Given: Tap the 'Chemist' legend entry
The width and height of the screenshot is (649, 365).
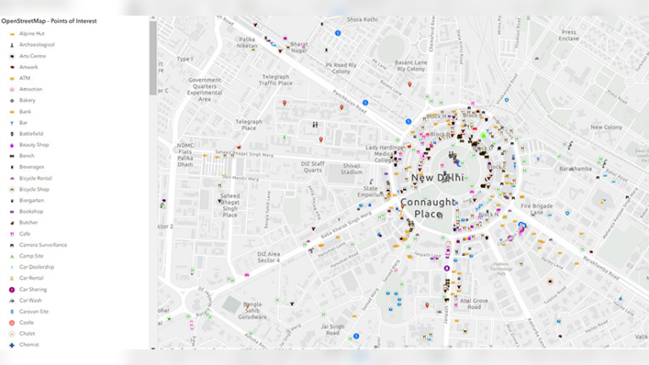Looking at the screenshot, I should pyautogui.click(x=30, y=345).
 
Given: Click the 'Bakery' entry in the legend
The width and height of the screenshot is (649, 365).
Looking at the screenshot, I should pyautogui.click(x=27, y=100).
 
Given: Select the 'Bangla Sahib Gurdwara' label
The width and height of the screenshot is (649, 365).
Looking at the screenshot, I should pyautogui.click(x=259, y=310).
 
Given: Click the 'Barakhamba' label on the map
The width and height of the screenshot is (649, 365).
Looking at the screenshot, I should pyautogui.click(x=575, y=168).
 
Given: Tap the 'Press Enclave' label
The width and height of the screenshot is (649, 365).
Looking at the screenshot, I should pyautogui.click(x=569, y=35).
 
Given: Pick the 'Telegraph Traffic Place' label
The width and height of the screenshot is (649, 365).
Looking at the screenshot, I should pyautogui.click(x=275, y=79).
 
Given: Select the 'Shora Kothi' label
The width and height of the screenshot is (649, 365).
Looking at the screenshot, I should pyautogui.click(x=363, y=19).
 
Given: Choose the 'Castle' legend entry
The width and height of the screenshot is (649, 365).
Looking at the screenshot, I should pyautogui.click(x=27, y=323).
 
